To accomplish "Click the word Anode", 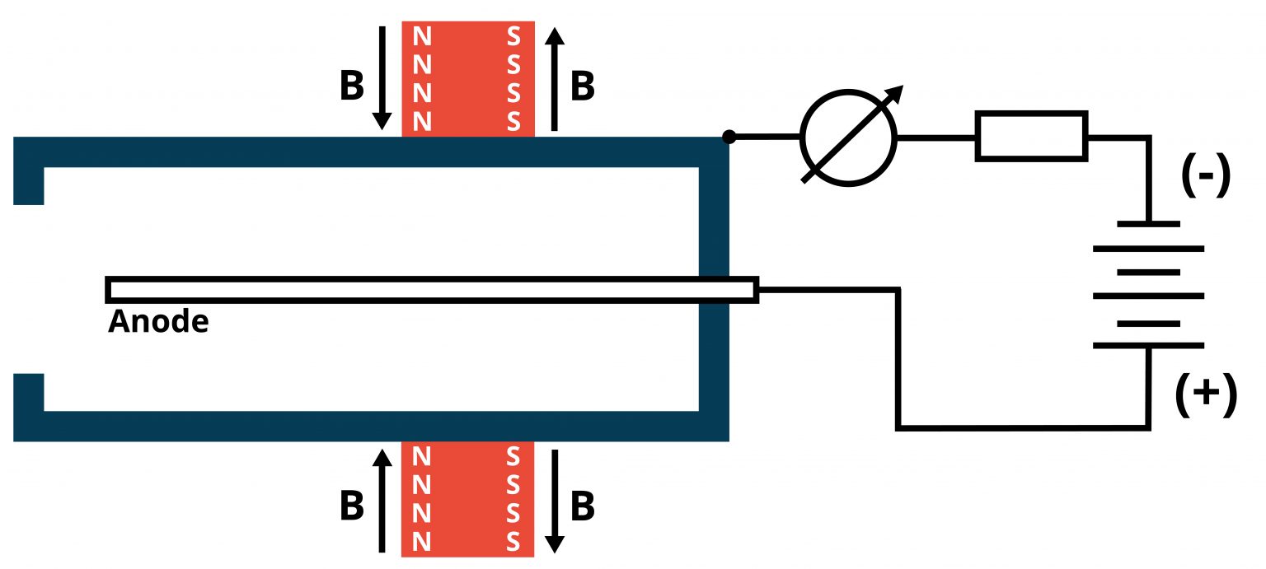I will pyautogui.click(x=158, y=321).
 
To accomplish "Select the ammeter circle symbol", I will pyautogui.click(x=847, y=138).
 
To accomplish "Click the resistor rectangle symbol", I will pyautogui.click(x=1031, y=135).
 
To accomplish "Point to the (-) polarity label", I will pyautogui.click(x=1205, y=174).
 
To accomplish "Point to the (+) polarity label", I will pyautogui.click(x=1205, y=394).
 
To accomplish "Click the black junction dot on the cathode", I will pyautogui.click(x=729, y=136).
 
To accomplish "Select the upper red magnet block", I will pyautogui.click(x=467, y=79).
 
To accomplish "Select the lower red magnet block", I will pyautogui.click(x=467, y=499).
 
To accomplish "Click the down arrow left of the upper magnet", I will pyautogui.click(x=382, y=77).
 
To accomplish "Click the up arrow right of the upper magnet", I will pyautogui.click(x=555, y=77).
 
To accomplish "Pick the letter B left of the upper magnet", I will pyautogui.click(x=352, y=86).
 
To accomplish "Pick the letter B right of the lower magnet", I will pyautogui.click(x=582, y=507).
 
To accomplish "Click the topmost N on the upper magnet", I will pyautogui.click(x=421, y=37).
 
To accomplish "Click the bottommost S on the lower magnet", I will pyautogui.click(x=513, y=543).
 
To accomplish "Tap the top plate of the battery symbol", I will pyautogui.click(x=1148, y=223).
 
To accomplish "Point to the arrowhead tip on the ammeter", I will pyautogui.click(x=902, y=87).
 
